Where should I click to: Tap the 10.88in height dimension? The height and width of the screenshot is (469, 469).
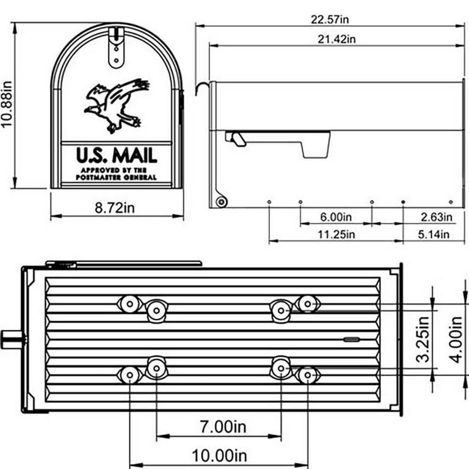pos(7,106)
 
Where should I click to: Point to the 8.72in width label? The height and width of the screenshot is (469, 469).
pos(115,209)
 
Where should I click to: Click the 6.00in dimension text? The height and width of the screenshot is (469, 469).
pos(336,217)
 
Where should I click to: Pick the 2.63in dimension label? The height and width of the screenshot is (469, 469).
pos(436,217)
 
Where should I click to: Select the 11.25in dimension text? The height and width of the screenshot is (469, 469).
pos(336,234)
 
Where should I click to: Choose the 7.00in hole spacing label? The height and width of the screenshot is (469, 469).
pos(219,427)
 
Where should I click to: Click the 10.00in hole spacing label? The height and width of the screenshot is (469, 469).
pos(219,455)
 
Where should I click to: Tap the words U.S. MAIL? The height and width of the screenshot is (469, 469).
pos(117,154)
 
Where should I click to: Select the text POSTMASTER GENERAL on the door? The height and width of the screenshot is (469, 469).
pos(117,177)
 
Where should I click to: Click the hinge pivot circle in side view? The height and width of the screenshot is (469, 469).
pos(221,201)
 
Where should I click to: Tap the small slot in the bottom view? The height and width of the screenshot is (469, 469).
pos(352,338)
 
